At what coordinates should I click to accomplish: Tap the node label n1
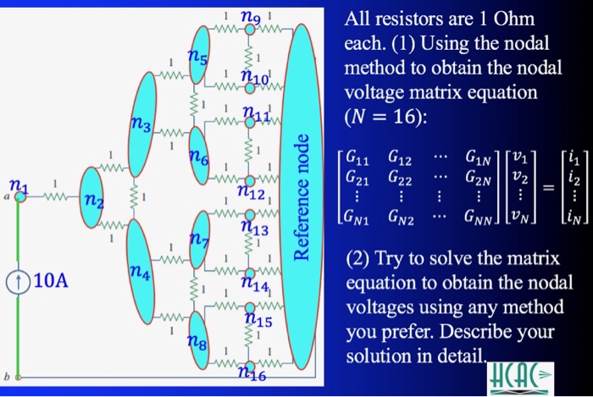[16, 185]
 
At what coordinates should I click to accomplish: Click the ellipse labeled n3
[141, 128]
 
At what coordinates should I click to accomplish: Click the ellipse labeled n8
[201, 340]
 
